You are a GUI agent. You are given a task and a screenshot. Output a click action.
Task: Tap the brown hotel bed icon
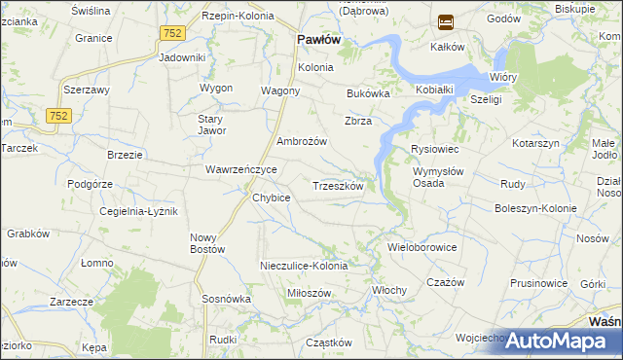point(446,20)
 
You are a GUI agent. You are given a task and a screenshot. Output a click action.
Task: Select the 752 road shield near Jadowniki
point(172,33)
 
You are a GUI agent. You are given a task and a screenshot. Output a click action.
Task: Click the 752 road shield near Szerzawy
point(58,116)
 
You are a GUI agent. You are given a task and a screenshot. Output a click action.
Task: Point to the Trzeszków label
point(338,186)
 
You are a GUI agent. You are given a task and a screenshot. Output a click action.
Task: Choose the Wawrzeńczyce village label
point(241,169)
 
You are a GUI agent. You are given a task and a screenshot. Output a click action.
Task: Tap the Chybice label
point(272,198)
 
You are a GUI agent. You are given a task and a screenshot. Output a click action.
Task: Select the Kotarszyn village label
point(536,143)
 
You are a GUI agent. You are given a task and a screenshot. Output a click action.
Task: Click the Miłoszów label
point(311,293)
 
